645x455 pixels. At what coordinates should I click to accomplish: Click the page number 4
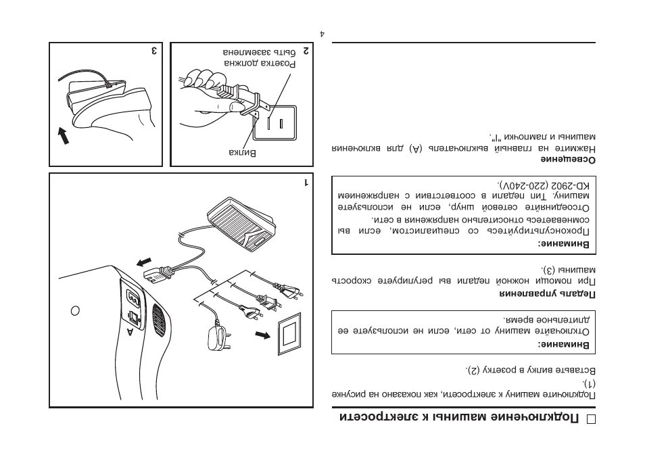pos(322,32)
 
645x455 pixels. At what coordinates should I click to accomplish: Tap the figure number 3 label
pos(155,51)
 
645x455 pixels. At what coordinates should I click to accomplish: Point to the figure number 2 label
pos(306,51)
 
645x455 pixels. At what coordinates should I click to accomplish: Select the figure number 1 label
pos(306,183)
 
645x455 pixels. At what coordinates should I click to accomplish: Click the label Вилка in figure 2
pos(243,153)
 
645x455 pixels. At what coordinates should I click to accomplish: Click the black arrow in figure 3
pos(64,137)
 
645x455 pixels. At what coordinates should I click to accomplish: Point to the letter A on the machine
pos(130,331)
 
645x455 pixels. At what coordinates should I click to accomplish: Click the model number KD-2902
pos(572,185)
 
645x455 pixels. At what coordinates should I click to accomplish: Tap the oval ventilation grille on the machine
pos(159,318)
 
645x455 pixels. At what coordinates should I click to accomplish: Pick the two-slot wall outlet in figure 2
pos(278,122)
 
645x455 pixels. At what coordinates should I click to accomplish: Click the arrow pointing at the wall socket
pos(261,334)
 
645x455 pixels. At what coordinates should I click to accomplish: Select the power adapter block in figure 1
pos(218,335)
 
